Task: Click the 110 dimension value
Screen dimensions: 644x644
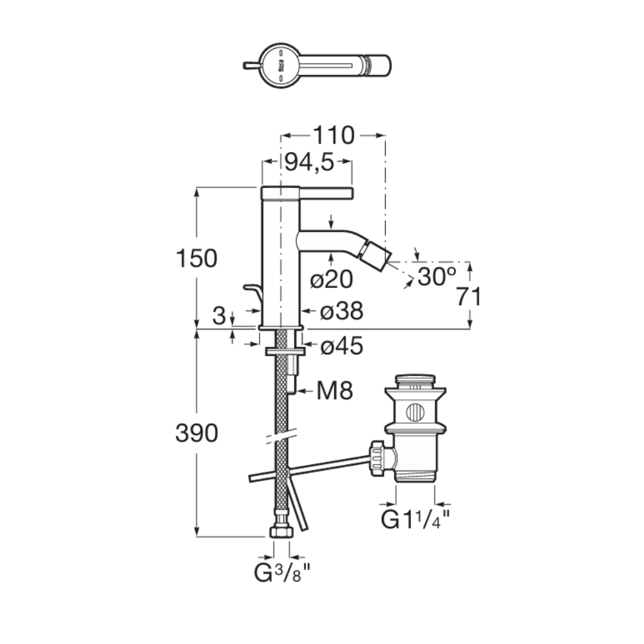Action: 334,135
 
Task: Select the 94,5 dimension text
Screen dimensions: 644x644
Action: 309,162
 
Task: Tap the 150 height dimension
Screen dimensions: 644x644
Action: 196,258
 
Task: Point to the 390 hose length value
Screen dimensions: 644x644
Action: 196,433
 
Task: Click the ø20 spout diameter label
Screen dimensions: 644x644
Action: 332,279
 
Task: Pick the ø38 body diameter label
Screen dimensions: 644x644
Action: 342,311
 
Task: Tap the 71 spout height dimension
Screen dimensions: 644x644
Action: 469,296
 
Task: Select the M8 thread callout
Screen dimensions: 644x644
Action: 335,391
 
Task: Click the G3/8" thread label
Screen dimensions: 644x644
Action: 283,573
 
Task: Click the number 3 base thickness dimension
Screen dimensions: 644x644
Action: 220,316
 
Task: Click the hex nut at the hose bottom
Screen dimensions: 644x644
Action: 281,531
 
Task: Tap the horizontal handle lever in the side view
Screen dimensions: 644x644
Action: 326,193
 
